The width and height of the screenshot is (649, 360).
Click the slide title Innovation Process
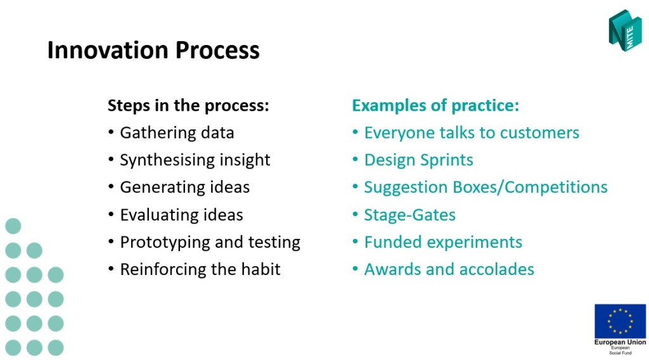point(153,50)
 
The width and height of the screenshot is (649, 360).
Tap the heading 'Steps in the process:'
point(188,105)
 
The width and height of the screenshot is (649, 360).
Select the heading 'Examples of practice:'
point(435,105)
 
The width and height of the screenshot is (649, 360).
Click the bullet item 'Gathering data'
point(177,133)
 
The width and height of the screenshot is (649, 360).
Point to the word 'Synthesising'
point(167,160)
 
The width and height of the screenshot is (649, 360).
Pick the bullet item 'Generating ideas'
point(184,188)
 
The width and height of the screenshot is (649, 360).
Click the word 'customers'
point(539,133)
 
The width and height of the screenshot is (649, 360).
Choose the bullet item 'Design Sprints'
point(418,160)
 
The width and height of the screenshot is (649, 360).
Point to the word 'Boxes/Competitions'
point(530,188)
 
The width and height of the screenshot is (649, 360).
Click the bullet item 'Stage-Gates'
point(410,215)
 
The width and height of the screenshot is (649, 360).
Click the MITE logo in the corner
point(625,30)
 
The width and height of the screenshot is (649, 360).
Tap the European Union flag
point(620,321)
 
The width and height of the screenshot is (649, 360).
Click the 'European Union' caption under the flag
point(620,342)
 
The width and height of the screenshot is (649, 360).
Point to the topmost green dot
point(13,226)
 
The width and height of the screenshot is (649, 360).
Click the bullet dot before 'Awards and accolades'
point(355,269)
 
